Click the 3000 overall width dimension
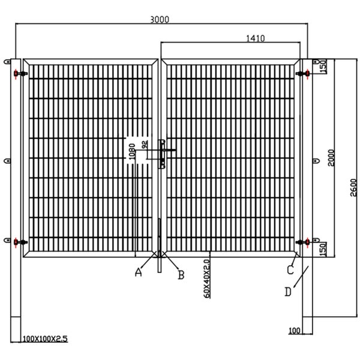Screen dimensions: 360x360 [160, 19]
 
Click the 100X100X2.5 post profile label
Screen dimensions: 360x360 [45, 339]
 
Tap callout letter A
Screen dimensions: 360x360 [138, 272]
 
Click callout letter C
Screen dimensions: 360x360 [290, 270]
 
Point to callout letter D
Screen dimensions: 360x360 [288, 292]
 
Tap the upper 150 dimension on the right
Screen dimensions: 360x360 [323, 65]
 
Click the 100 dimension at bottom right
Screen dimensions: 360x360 [295, 331]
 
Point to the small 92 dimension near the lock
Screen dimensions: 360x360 [144, 145]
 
